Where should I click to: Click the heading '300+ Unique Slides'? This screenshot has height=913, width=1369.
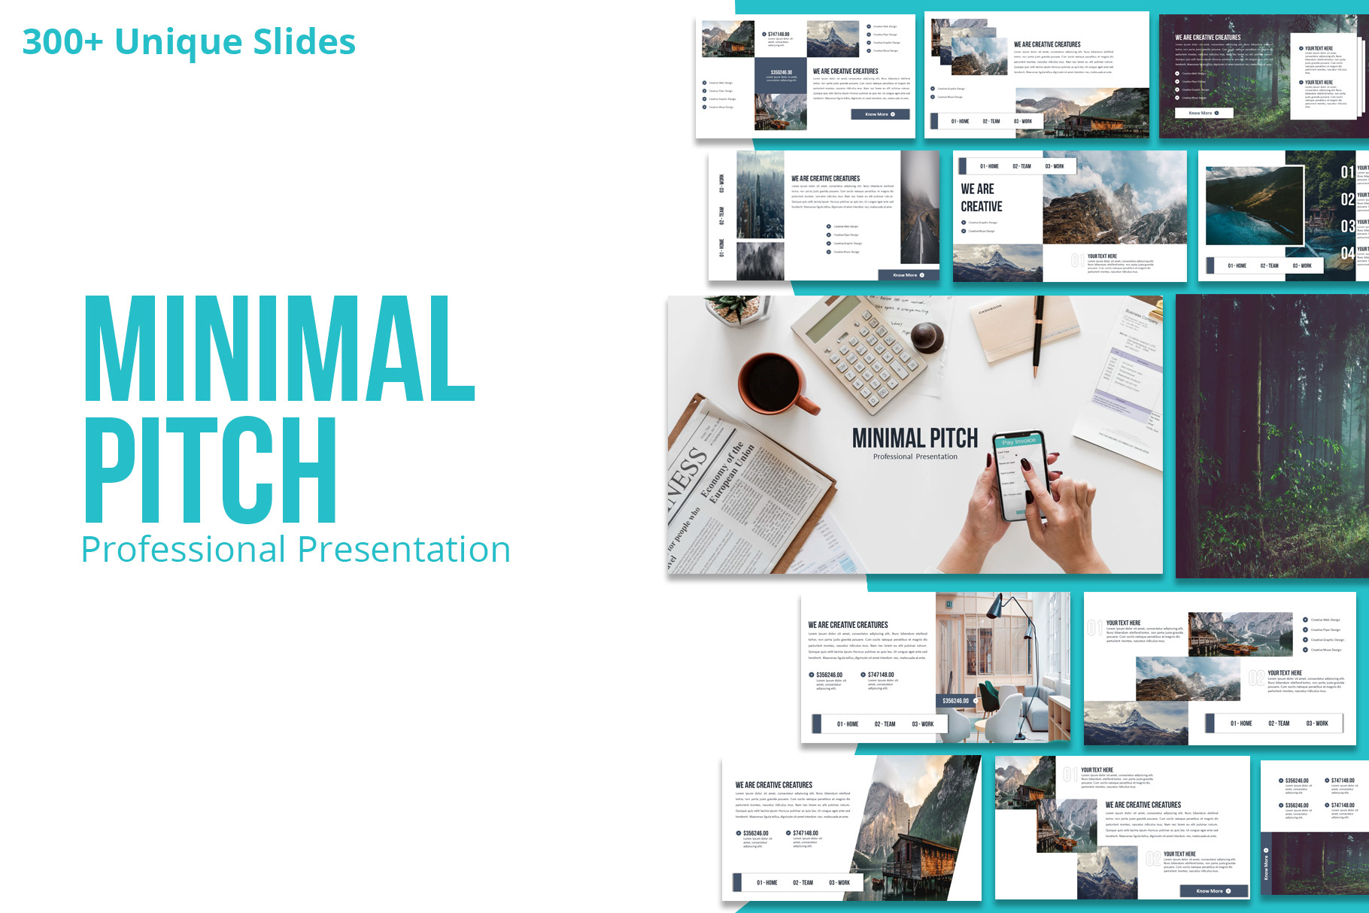tap(189, 42)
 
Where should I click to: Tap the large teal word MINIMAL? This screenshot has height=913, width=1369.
tap(279, 350)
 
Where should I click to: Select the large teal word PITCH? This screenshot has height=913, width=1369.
tap(211, 470)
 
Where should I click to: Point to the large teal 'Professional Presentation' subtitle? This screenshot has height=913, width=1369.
tap(296, 550)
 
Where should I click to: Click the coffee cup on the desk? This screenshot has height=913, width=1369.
tap(774, 384)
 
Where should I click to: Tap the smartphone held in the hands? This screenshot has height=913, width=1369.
tap(1019, 474)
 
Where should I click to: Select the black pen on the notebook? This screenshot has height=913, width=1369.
tap(1038, 335)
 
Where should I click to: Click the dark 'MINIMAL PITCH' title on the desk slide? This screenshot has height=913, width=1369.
tap(915, 438)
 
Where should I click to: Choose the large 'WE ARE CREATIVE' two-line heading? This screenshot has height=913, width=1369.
tap(982, 197)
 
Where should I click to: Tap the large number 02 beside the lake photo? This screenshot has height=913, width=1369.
tap(1347, 199)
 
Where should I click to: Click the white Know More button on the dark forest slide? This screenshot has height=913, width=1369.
tap(1204, 113)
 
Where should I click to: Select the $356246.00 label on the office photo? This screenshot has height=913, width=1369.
tap(957, 700)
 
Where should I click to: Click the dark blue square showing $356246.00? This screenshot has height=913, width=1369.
tap(781, 75)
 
